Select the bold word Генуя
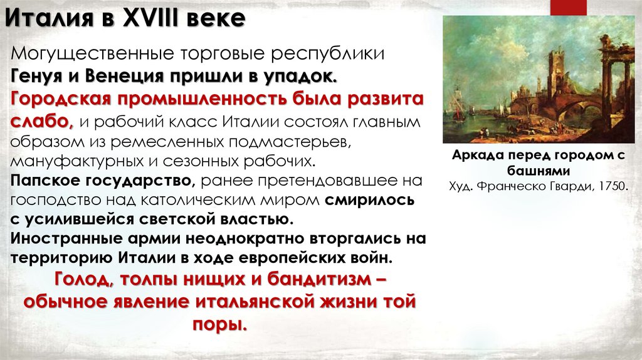tap(36, 77)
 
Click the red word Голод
tap(81, 279)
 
